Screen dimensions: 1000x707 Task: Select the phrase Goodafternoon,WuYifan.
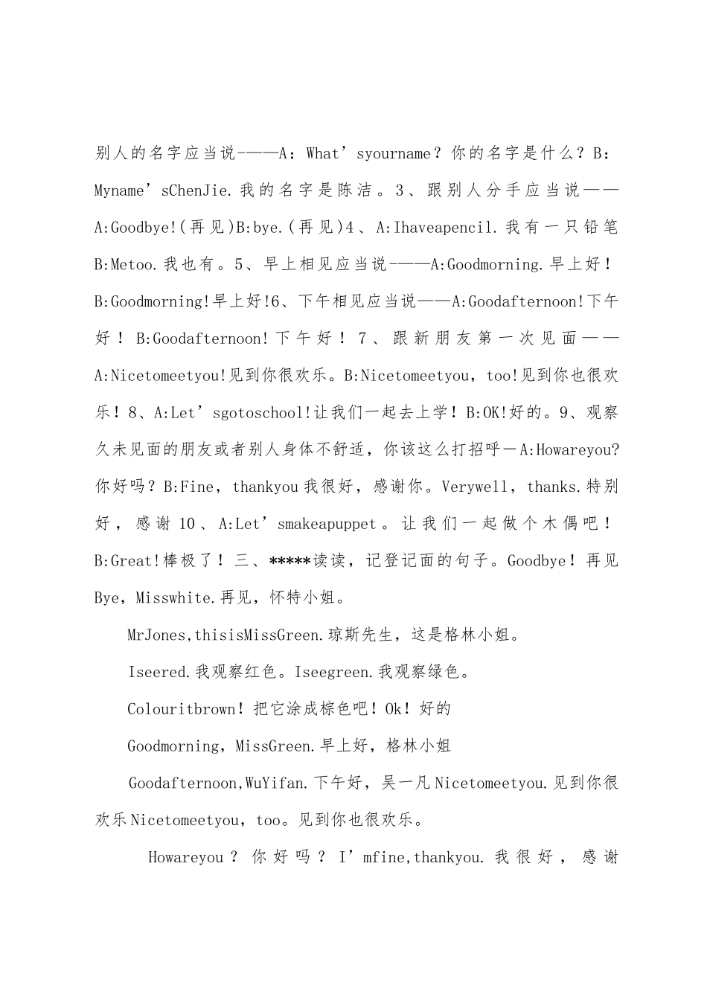[x=217, y=783]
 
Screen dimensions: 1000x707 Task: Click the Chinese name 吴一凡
[x=406, y=783]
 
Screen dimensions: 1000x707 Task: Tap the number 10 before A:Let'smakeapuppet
[x=186, y=525]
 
